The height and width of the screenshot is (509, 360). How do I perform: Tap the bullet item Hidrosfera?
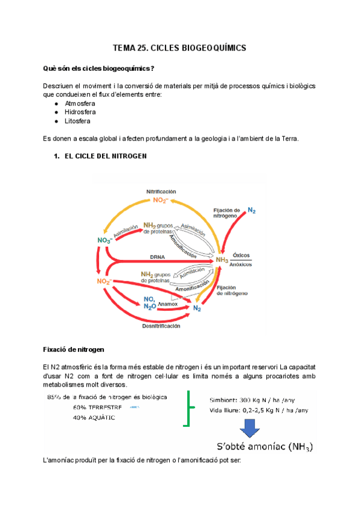coord(80,112)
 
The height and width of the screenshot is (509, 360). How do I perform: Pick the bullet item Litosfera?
coord(77,121)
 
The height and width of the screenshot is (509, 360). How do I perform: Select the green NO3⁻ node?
coord(106,241)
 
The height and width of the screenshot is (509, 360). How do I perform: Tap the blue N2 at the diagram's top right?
coord(251,211)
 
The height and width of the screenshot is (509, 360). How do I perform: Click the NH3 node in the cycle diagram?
coord(222,259)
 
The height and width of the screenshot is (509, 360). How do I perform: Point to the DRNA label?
coord(158,256)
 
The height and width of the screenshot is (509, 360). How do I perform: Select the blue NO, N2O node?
coord(150,303)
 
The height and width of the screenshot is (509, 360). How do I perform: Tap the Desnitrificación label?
coord(161,326)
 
